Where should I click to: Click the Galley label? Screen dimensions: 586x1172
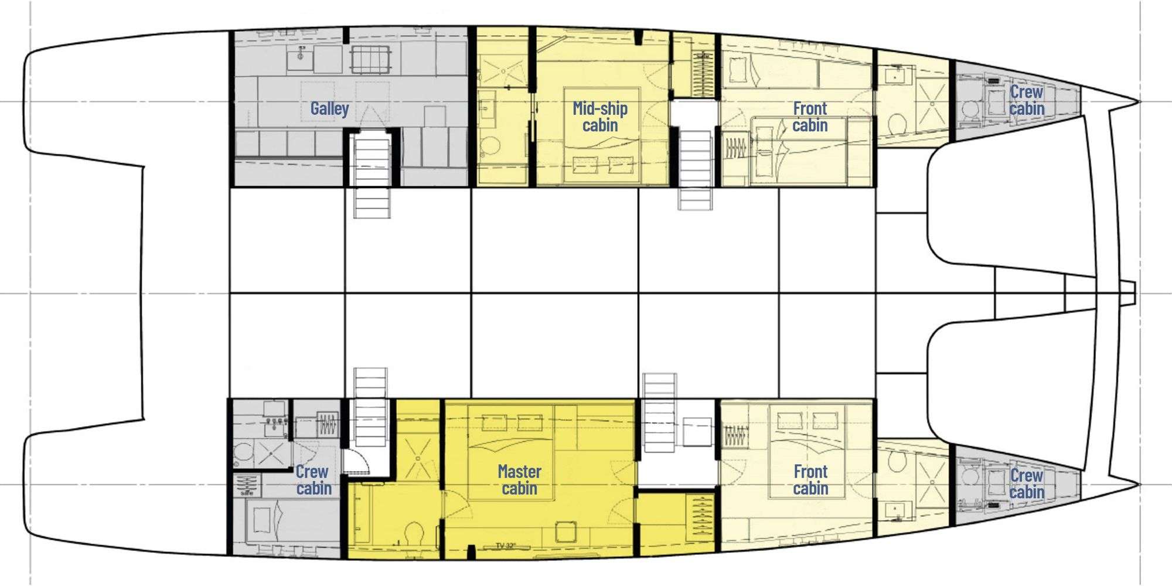[x=329, y=108]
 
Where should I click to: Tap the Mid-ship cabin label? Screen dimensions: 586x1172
[x=600, y=117]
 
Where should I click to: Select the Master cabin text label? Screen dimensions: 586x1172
[x=519, y=479]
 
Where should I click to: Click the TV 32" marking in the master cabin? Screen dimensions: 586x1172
[x=506, y=546]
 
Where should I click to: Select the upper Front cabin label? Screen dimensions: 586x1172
[x=810, y=117]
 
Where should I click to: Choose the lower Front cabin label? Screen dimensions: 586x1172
[x=810, y=479]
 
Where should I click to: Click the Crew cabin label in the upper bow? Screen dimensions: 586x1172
[x=1026, y=100]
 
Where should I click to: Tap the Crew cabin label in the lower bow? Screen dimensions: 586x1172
[x=1026, y=484]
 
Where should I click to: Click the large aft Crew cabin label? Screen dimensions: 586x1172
[x=313, y=479]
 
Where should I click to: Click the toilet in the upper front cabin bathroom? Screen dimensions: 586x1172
[x=896, y=124]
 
